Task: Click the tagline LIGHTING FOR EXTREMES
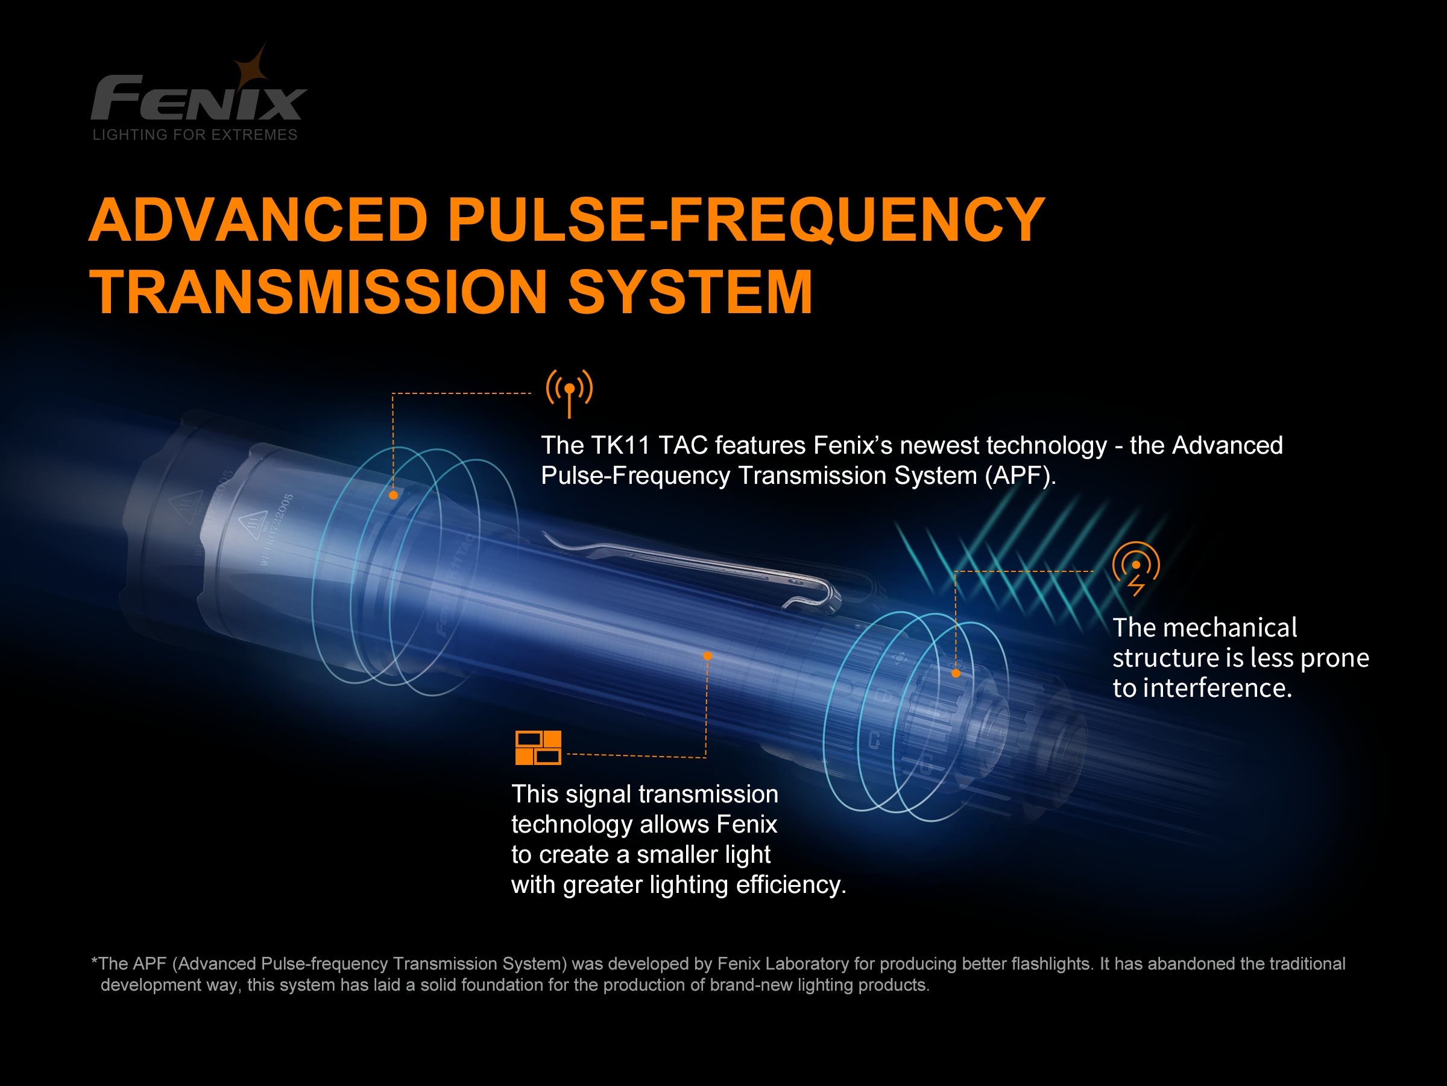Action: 195,135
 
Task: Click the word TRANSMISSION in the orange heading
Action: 318,292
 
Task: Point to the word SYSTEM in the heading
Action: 690,292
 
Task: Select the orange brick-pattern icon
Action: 538,748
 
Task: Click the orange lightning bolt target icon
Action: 1136,568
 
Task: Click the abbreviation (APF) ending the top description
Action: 1018,476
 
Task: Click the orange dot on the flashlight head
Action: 393,495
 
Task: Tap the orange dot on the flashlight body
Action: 707,656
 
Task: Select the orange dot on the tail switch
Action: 956,673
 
